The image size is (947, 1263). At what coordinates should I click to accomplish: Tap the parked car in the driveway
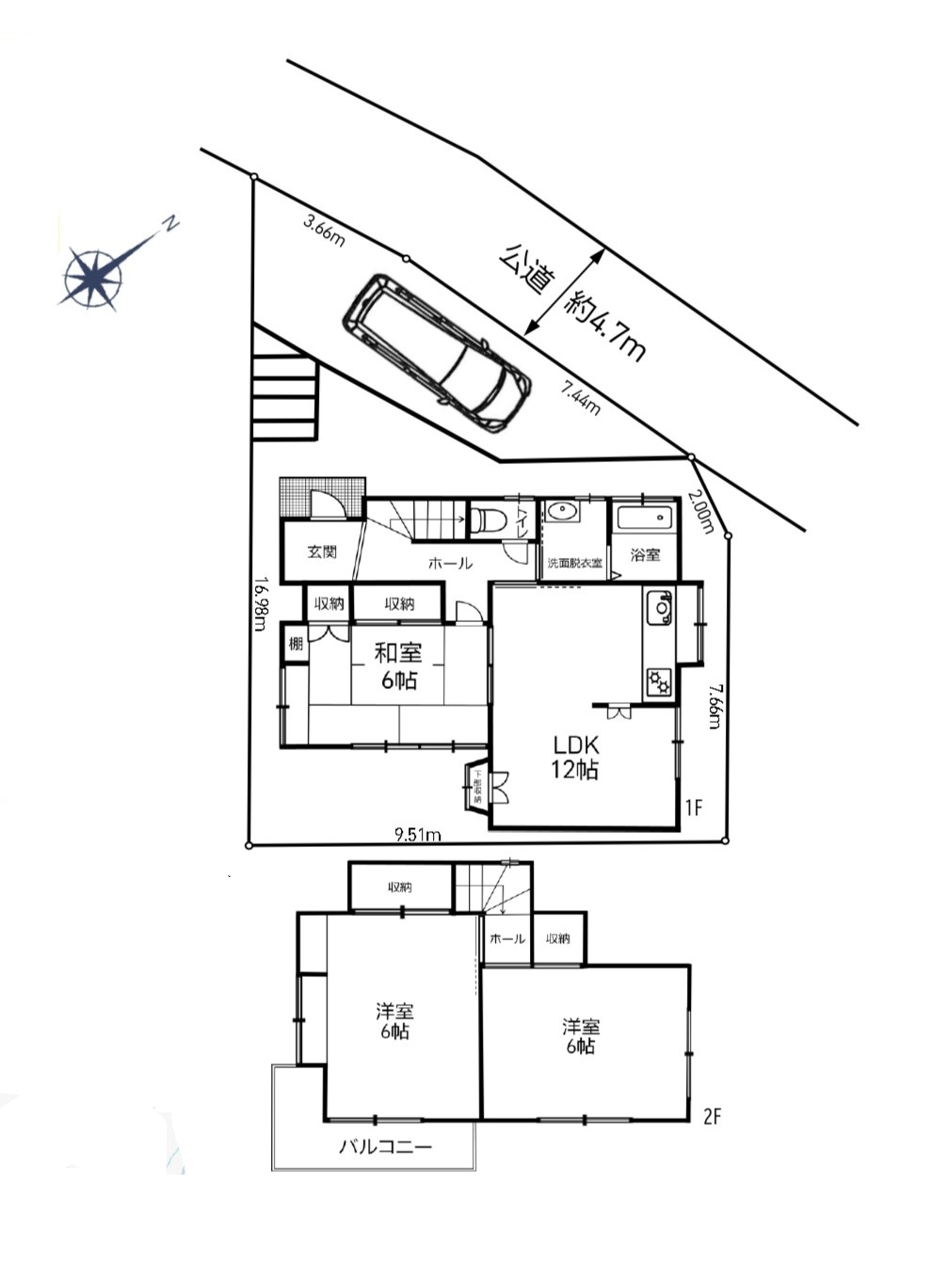point(436,352)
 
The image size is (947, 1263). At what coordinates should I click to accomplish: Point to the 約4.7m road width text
point(606,326)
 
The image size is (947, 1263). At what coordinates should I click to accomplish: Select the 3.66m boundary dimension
point(324,230)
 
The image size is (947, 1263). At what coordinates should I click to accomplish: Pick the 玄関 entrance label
point(323,552)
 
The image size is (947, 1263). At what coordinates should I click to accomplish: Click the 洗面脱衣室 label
point(575,563)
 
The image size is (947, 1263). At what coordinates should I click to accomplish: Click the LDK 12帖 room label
point(575,756)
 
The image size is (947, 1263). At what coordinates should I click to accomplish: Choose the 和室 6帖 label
point(398,664)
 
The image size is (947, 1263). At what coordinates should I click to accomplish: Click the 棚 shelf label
point(296,645)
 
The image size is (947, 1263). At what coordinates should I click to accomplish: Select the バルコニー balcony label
point(385,1146)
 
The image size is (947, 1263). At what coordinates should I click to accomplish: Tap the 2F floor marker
point(712,1117)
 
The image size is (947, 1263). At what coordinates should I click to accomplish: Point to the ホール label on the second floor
point(507,938)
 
